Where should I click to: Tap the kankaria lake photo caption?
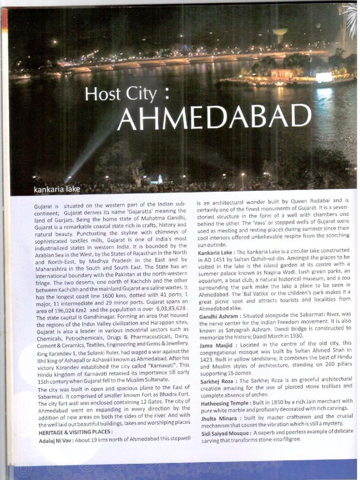point(57,189)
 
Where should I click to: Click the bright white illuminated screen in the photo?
point(324,77)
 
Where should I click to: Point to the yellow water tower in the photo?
point(280,33)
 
